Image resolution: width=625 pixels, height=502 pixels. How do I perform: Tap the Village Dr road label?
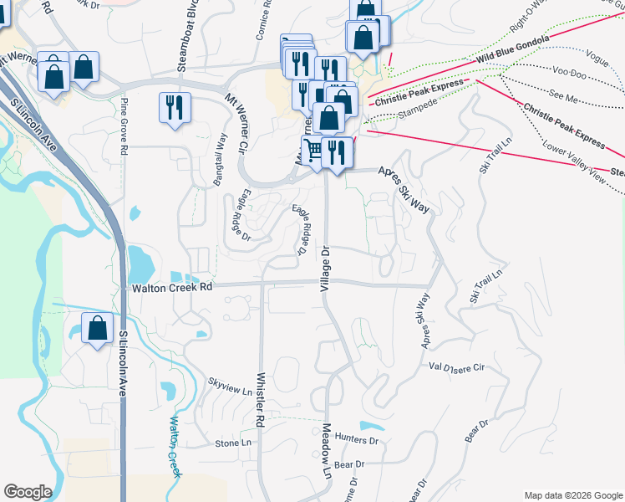click(x=325, y=269)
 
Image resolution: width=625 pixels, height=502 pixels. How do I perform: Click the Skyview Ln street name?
click(x=230, y=386)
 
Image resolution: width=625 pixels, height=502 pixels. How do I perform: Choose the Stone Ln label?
click(x=233, y=443)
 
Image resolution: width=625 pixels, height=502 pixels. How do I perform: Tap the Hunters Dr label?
click(x=356, y=439)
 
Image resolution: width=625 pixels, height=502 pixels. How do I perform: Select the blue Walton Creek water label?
click(x=175, y=447)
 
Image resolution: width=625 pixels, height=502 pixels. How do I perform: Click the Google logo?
click(x=28, y=492)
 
